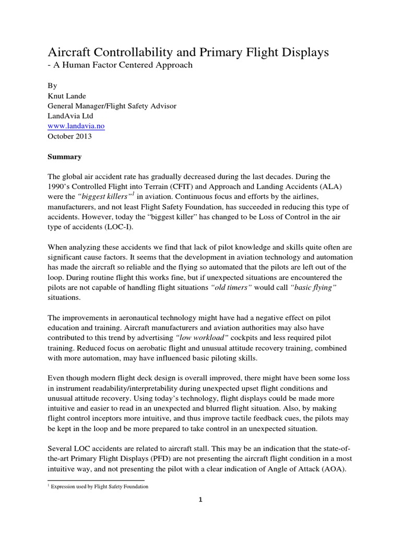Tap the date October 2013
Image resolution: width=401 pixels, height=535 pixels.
(69, 136)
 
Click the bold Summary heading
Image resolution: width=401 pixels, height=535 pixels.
(65, 156)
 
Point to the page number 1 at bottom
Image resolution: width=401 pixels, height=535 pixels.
(200, 499)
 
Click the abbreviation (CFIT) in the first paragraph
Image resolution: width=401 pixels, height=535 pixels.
(194, 187)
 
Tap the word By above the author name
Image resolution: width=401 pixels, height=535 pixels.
(52, 86)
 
